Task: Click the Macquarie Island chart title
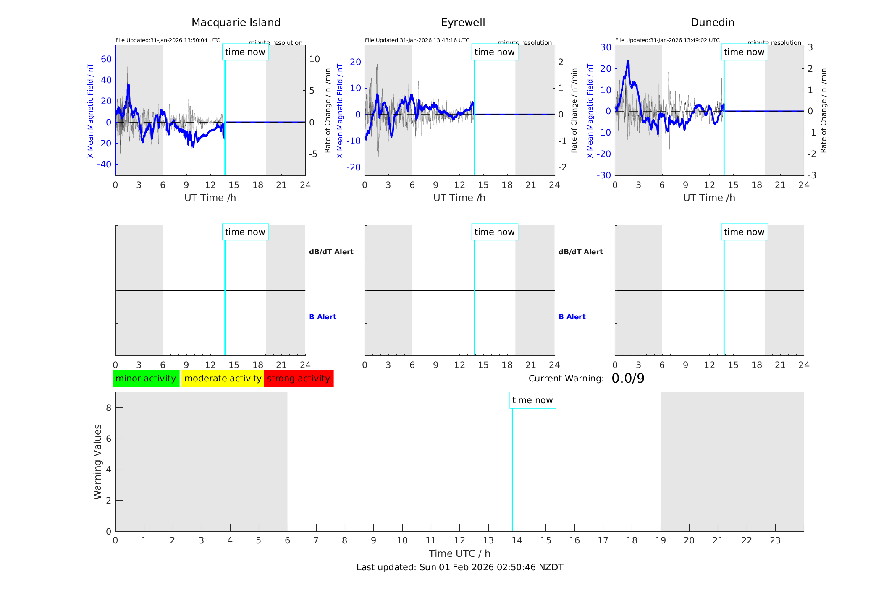pyautogui.click(x=236, y=23)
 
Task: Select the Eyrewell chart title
pyautogui.click(x=463, y=23)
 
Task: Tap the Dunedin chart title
pyautogui.click(x=712, y=23)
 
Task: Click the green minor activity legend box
pyautogui.click(x=146, y=379)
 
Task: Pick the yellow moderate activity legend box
pyautogui.click(x=223, y=379)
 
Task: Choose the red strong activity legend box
pyautogui.click(x=299, y=379)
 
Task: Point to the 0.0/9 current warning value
pyautogui.click(x=628, y=379)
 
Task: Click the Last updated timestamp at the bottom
pyautogui.click(x=460, y=567)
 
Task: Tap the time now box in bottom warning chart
pyautogui.click(x=532, y=400)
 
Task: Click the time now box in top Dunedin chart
pyautogui.click(x=744, y=52)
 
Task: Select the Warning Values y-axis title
pyautogui.click(x=98, y=462)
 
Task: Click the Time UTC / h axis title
pyautogui.click(x=459, y=553)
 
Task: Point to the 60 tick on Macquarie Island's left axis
pyautogui.click(x=106, y=59)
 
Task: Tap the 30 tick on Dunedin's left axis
pyautogui.click(x=606, y=47)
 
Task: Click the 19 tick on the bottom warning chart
pyautogui.click(x=661, y=540)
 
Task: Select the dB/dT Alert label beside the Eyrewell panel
pyautogui.click(x=580, y=252)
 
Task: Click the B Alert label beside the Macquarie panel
pyautogui.click(x=323, y=317)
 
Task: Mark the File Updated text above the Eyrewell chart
pyautogui.click(x=417, y=40)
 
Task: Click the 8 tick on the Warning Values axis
pyautogui.click(x=108, y=407)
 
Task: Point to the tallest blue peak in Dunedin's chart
pyautogui.click(x=628, y=61)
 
